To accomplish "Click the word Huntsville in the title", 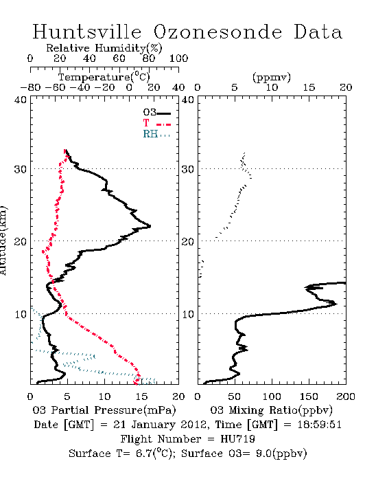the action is pyautogui.click(x=87, y=32).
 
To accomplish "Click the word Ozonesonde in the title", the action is pyautogui.click(x=218, y=32).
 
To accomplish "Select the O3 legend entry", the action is pyautogui.click(x=157, y=113).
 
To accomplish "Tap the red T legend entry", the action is pyautogui.click(x=157, y=124).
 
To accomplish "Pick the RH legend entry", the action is pyautogui.click(x=156, y=135).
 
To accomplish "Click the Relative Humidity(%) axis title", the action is pyautogui.click(x=104, y=48).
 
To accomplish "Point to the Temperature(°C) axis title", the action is pyautogui.click(x=104, y=77).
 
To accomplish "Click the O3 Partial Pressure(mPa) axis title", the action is pyautogui.click(x=104, y=410).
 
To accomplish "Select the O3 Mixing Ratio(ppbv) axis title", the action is pyautogui.click(x=271, y=410).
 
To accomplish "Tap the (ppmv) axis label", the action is pyautogui.click(x=272, y=78).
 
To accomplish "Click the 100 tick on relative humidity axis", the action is pyautogui.click(x=179, y=58).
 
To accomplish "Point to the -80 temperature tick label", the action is pyautogui.click(x=30, y=88).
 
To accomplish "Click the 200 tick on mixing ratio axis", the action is pyautogui.click(x=346, y=396).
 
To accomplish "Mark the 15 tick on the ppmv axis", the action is pyautogui.click(x=309, y=88).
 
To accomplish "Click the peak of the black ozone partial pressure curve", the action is pyautogui.click(x=150, y=227).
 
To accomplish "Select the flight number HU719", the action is pyautogui.click(x=237, y=439).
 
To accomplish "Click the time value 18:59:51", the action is pyautogui.click(x=319, y=425).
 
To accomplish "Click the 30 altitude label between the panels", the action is pyautogui.click(x=188, y=169).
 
